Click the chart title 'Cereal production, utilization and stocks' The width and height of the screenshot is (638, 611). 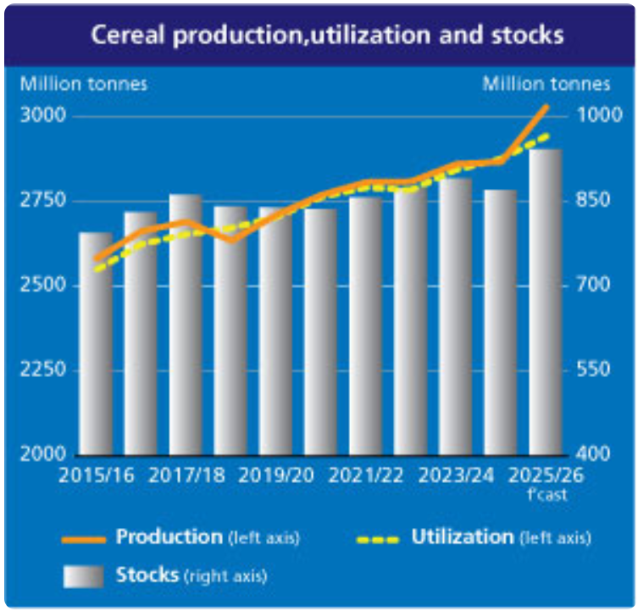[x=326, y=35]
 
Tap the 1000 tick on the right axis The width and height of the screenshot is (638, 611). [x=592, y=115]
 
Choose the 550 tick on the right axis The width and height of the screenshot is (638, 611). [x=592, y=369]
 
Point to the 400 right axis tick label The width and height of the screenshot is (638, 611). [x=592, y=454]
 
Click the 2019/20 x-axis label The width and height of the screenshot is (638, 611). [x=276, y=475]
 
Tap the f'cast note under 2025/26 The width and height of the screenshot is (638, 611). [x=550, y=495]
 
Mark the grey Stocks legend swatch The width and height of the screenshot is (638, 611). [x=83, y=576]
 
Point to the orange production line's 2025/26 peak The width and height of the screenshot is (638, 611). [x=546, y=107]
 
